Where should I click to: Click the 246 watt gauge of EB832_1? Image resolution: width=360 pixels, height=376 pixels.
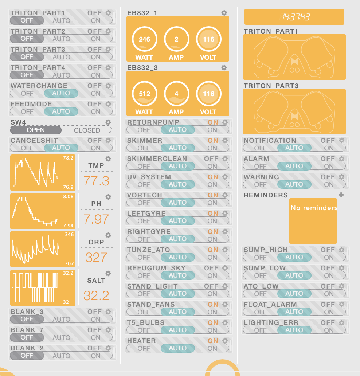(144, 39)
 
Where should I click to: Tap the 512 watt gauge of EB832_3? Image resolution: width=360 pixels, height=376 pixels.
(144, 94)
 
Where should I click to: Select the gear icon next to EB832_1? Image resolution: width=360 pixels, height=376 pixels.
(224, 13)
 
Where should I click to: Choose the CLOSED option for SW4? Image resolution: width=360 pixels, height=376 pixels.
(87, 130)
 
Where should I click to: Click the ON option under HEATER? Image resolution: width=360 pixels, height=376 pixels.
(212, 348)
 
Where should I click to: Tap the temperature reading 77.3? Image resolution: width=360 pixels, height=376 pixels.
(96, 181)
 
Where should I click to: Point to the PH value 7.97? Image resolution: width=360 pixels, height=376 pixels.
(96, 219)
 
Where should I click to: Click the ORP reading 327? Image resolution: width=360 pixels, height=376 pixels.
(96, 257)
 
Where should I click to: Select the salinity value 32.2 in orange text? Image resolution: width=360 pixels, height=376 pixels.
(96, 295)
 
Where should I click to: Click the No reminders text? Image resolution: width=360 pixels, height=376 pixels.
(314, 208)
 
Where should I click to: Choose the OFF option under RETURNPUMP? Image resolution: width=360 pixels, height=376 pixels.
(144, 130)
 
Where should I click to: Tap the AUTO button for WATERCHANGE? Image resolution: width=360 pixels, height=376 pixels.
(61, 93)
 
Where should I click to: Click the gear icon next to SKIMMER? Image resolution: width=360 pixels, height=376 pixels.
(225, 141)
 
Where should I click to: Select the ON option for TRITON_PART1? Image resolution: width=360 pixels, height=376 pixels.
(96, 21)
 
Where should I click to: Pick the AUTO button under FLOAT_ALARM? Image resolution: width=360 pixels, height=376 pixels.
(294, 312)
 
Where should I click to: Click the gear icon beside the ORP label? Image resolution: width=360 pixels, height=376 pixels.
(109, 235)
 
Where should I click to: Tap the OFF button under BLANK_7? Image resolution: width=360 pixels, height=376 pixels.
(27, 337)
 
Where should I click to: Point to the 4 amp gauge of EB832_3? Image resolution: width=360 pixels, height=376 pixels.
(176, 94)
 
